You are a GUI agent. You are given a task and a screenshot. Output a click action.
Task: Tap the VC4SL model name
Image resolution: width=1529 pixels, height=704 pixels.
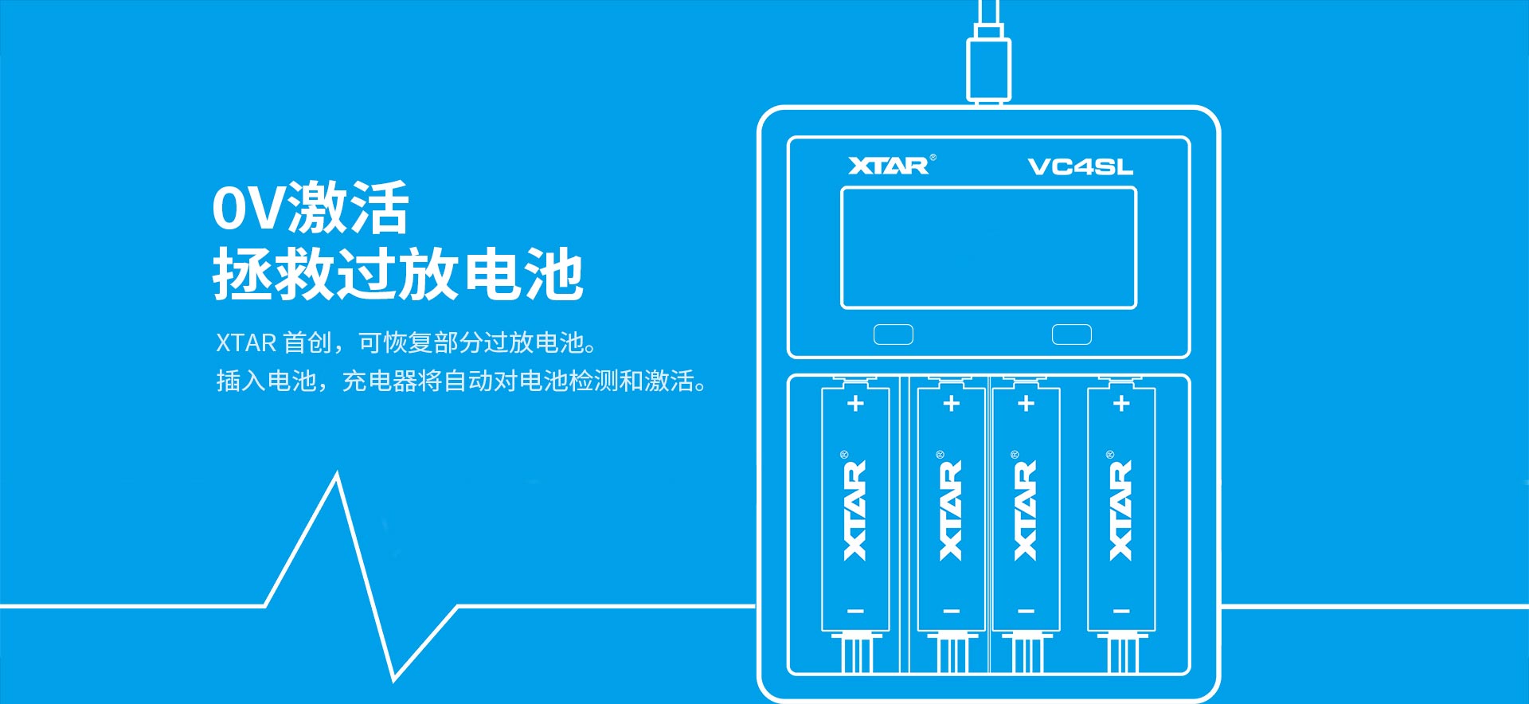tap(1080, 166)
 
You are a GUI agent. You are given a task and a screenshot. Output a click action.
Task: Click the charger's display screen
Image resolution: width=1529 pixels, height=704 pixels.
tap(988, 248)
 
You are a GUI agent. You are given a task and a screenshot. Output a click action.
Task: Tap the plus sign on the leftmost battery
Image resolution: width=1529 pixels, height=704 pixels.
tap(855, 404)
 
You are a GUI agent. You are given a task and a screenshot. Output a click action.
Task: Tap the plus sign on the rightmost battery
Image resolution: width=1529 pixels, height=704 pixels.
tap(1121, 404)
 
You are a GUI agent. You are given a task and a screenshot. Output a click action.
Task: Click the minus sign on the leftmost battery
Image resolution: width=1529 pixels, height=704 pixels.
tap(855, 612)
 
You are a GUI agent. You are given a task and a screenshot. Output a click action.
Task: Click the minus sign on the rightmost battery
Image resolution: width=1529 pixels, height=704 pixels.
tap(1121, 612)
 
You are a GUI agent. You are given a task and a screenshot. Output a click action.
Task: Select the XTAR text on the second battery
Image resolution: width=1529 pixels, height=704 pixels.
tap(950, 510)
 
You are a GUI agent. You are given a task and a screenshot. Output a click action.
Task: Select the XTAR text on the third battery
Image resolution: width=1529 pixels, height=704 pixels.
tap(1025, 510)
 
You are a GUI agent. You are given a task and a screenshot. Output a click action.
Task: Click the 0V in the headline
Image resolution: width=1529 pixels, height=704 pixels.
tap(248, 209)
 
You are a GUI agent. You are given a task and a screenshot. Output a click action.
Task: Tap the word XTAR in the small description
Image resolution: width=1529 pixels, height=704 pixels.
tap(246, 343)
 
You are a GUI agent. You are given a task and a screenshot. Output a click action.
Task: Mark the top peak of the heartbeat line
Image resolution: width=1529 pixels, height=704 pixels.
tap(337, 475)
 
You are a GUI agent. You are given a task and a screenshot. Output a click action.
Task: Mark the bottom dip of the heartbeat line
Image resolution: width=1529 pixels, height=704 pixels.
tap(394, 680)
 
